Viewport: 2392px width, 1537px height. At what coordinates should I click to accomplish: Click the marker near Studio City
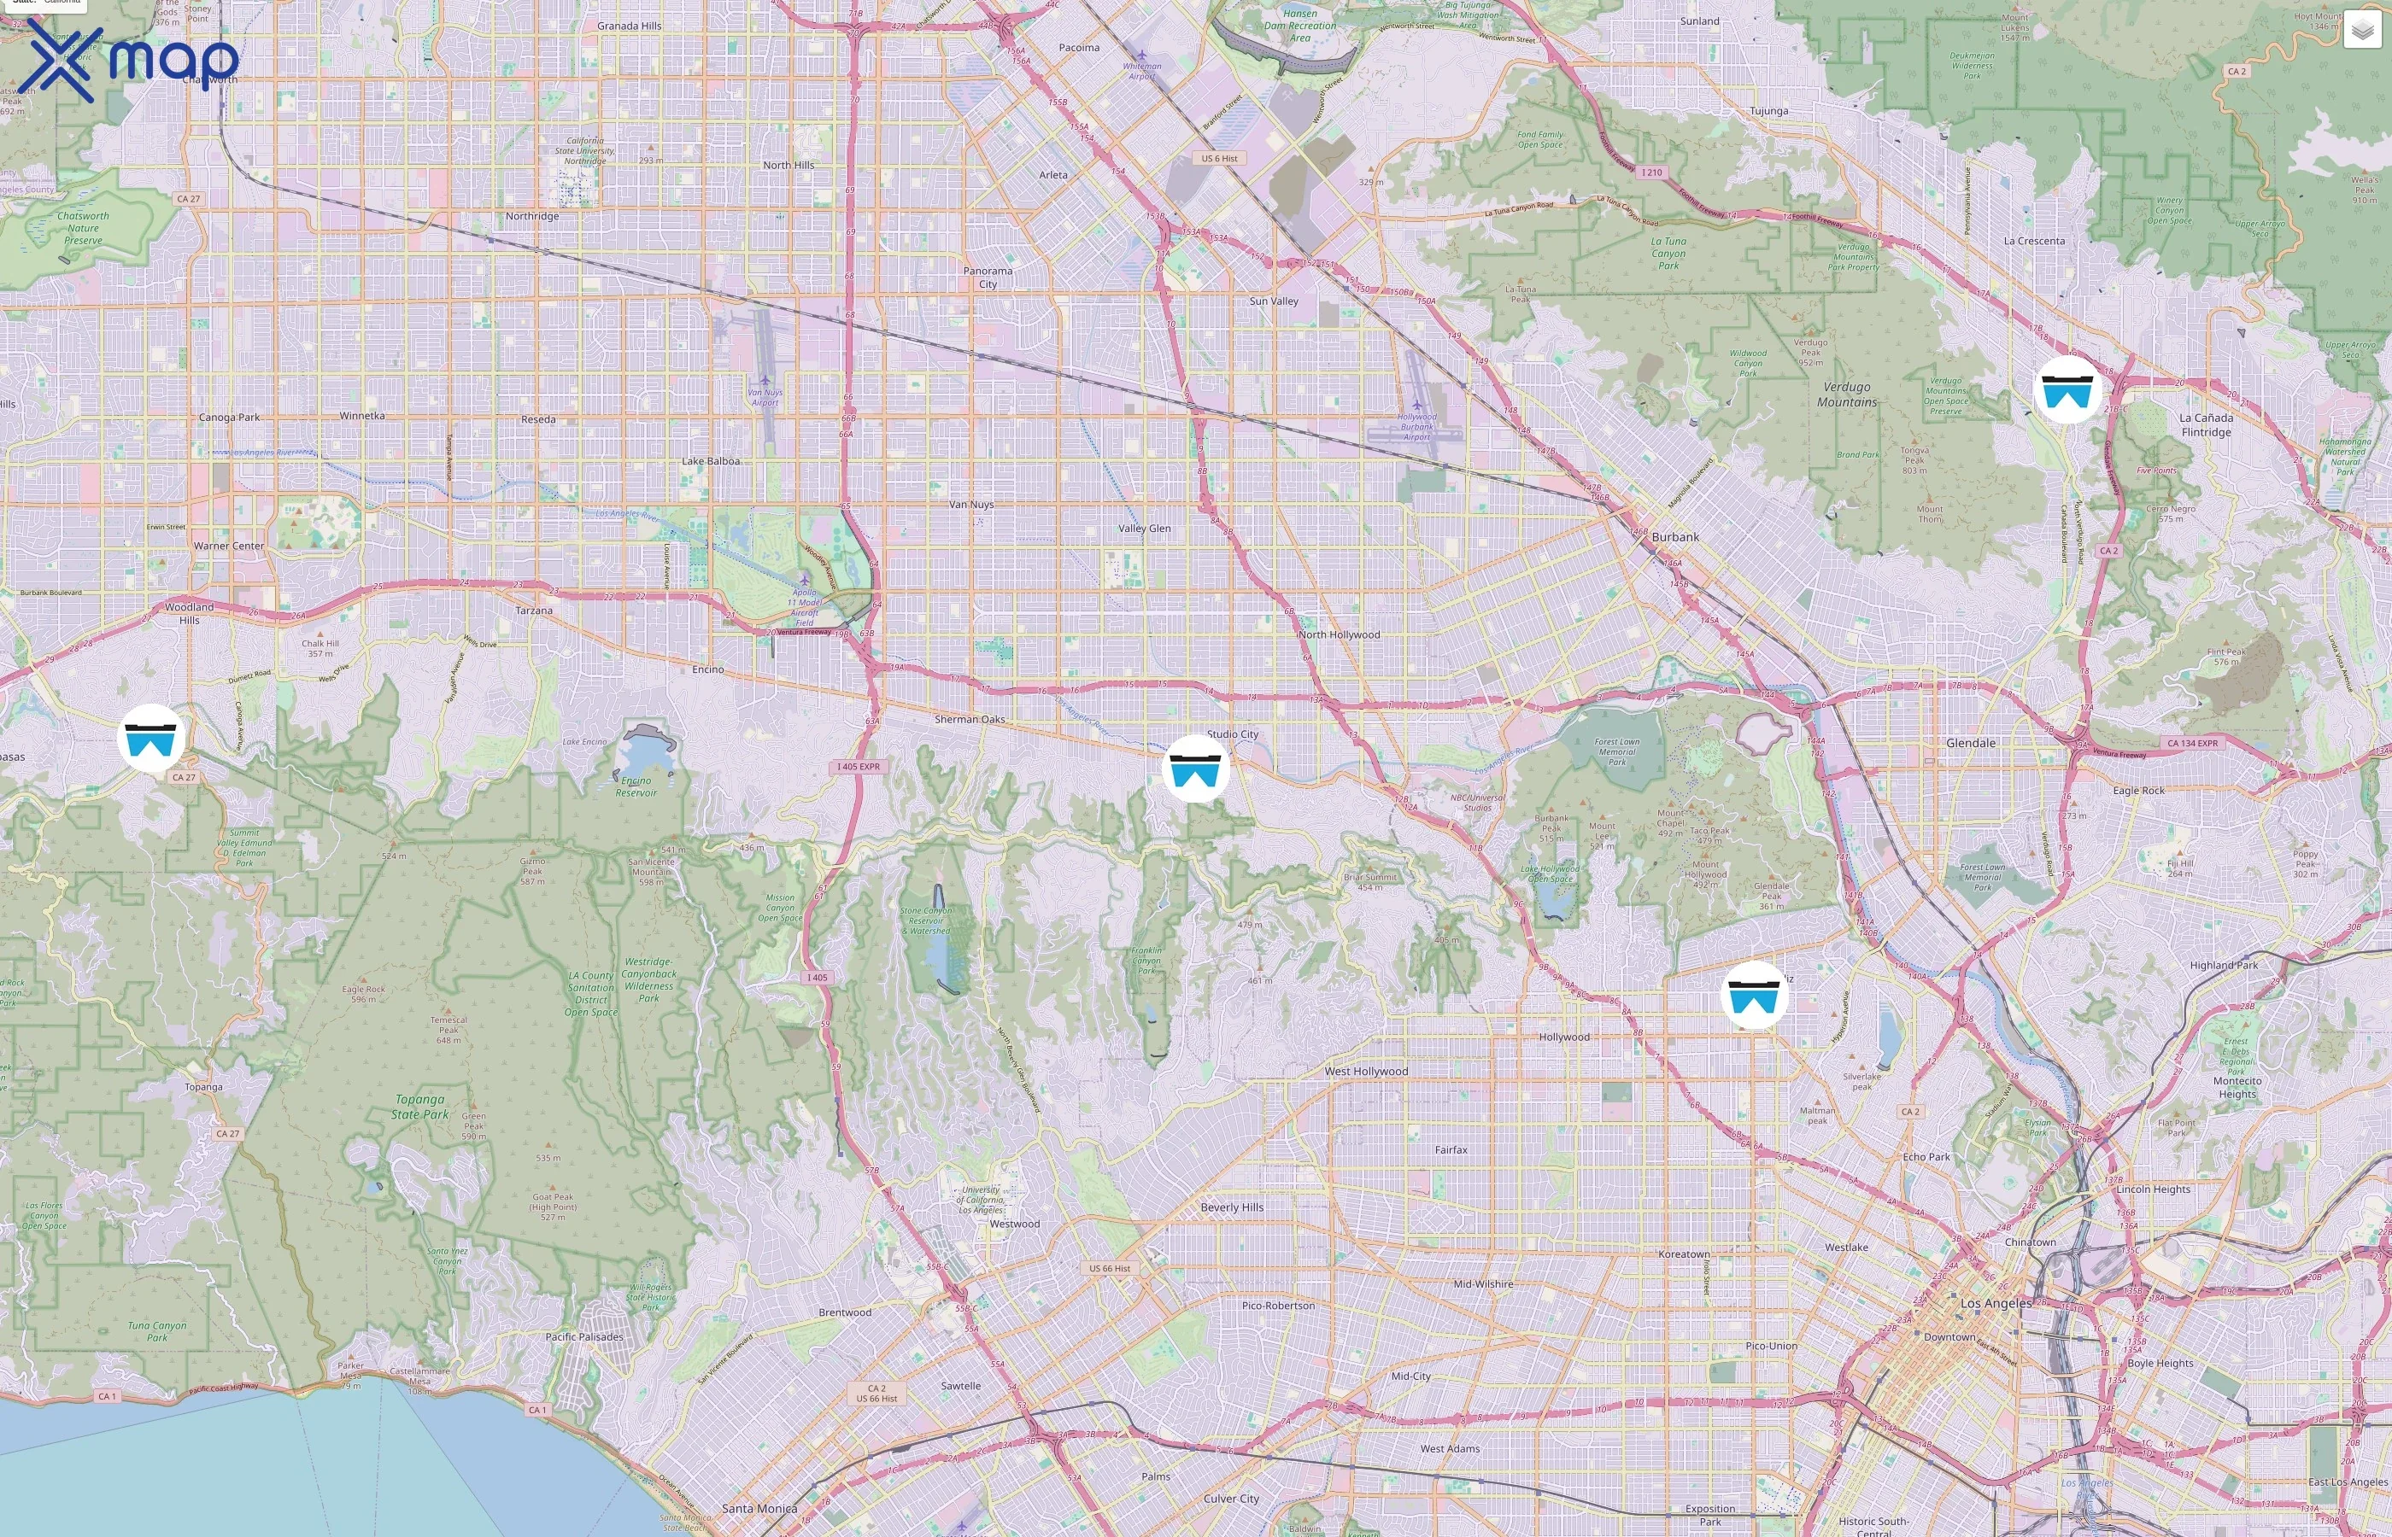click(1195, 768)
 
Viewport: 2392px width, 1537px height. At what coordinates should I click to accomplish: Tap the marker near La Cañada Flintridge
click(2067, 390)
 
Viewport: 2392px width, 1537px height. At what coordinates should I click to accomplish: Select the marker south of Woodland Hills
click(150, 739)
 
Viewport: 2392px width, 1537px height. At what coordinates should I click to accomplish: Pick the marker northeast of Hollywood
click(1754, 995)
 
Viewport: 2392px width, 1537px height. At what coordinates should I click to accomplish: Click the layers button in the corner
click(2362, 31)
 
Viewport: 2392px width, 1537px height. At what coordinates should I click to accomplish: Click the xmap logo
click(132, 60)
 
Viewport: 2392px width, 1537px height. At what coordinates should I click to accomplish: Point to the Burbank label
click(1674, 537)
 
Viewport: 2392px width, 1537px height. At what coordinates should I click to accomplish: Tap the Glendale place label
click(1970, 744)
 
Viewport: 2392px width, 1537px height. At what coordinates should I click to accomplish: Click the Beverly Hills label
click(1231, 1207)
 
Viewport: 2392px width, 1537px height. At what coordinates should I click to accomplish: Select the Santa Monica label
click(759, 1509)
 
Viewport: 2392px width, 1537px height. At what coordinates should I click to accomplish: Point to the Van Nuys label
click(970, 505)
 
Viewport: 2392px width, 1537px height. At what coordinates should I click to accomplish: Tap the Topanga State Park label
click(419, 1107)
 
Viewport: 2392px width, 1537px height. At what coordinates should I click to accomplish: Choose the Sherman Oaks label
click(969, 720)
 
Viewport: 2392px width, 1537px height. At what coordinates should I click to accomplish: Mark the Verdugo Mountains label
click(1846, 394)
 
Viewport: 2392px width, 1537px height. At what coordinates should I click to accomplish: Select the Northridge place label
click(531, 217)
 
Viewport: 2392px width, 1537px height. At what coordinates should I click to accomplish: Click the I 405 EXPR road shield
click(858, 767)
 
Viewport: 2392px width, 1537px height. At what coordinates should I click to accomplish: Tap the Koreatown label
click(1683, 1254)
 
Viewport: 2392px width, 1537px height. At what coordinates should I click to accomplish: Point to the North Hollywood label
click(1339, 634)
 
